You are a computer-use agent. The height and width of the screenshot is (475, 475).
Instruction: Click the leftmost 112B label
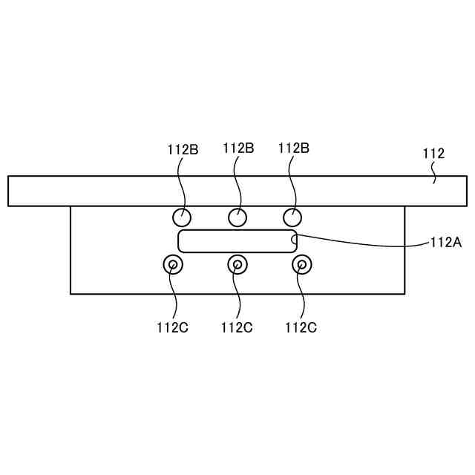click(x=183, y=148)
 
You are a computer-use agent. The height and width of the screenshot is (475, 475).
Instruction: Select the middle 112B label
click(x=238, y=148)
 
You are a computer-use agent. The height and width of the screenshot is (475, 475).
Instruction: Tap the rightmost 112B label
click(x=294, y=148)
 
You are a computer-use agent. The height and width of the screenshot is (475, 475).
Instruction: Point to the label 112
click(x=433, y=154)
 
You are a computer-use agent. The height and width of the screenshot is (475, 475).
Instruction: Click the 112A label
click(x=446, y=241)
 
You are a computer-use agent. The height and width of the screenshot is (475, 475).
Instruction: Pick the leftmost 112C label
click(x=172, y=327)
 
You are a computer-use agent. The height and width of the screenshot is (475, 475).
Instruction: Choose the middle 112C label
click(x=237, y=327)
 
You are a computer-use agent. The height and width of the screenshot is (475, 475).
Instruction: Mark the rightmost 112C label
click(x=301, y=327)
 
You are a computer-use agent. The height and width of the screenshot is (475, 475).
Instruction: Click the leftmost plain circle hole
click(x=182, y=217)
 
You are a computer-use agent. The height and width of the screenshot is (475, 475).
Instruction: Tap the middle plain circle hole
click(x=237, y=217)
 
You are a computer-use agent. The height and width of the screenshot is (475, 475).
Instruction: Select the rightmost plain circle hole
click(x=293, y=217)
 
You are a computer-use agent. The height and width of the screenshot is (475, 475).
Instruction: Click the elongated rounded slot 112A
click(x=237, y=241)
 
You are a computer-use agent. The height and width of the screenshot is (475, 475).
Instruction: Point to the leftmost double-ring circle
click(x=173, y=264)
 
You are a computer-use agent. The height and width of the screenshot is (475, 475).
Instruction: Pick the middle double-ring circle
click(x=237, y=264)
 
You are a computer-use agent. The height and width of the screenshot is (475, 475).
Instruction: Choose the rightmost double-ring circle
click(x=301, y=264)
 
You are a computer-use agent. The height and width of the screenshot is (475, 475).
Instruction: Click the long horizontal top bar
click(x=237, y=191)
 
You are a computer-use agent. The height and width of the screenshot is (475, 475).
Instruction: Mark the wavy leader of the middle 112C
click(x=237, y=297)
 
